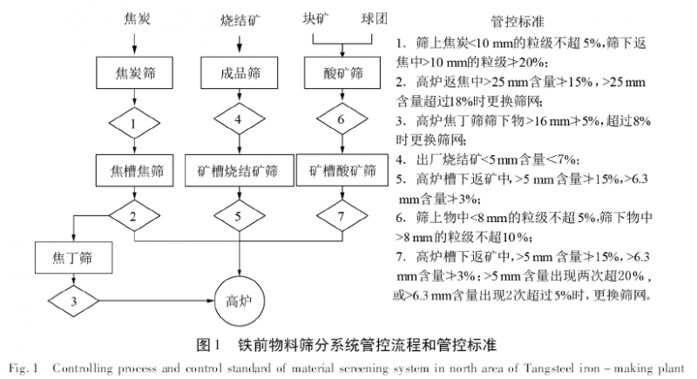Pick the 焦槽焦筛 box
click(x=132, y=166)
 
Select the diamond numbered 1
click(x=132, y=123)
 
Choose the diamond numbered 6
click(x=342, y=119)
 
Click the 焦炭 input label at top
click(x=132, y=17)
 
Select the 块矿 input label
click(x=316, y=17)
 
